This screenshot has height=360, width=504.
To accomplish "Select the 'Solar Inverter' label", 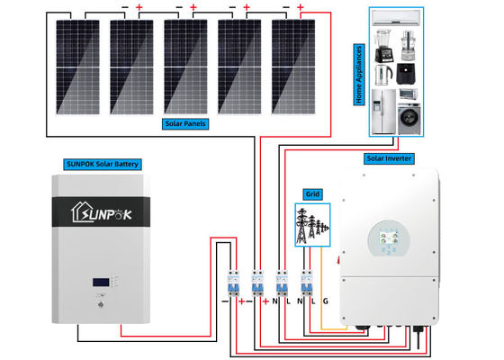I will coord(388,157).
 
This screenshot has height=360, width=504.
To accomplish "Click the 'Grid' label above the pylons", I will coord(311,193).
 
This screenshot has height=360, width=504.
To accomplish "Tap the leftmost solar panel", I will coord(77,65).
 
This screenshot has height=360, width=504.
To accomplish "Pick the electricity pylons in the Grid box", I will coord(310,224).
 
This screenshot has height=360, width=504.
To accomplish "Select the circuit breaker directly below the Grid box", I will coord(306,283).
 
